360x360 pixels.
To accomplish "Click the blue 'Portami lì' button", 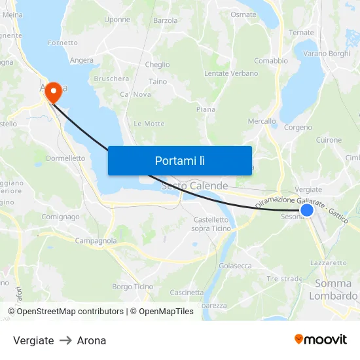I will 180,160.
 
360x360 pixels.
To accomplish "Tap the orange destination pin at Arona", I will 52,92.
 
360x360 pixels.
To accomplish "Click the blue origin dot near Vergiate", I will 306,210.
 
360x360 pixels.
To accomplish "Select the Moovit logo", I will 320,340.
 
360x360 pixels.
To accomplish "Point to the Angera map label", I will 82,60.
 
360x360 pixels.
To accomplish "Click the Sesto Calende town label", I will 195,187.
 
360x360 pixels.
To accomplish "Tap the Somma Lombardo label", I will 336,289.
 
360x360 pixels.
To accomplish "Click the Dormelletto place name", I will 65,158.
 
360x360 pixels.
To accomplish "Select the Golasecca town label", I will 235,266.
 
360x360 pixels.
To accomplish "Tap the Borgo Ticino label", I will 132,287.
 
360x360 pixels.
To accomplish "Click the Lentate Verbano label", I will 231,73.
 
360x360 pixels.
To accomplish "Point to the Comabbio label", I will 271,61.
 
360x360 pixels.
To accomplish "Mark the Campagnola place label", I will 96,241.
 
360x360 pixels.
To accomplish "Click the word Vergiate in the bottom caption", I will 33,340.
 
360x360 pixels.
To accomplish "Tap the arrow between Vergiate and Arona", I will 65,340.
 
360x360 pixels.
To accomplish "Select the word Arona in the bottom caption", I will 92,340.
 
